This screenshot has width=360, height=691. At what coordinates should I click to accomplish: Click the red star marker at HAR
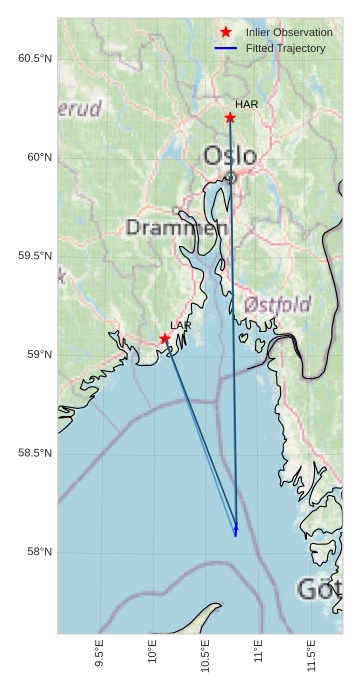coord(230,118)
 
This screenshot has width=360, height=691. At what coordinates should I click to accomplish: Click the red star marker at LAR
coord(165,339)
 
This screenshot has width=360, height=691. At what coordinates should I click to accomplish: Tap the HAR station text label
coord(247,104)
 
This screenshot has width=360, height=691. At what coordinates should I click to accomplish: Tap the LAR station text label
coord(181,326)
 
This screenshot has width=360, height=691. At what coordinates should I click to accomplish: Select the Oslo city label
coord(230,156)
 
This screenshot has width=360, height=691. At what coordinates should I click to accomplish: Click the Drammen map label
coord(177,228)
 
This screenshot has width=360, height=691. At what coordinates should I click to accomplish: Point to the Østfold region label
coord(277,303)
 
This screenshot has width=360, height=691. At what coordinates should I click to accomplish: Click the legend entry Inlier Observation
coord(289,33)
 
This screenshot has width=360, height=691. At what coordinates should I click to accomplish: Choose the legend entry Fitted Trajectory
coord(285,48)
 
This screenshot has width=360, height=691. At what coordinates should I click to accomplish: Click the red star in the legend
coord(226,33)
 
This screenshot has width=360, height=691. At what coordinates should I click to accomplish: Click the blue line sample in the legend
coord(226,48)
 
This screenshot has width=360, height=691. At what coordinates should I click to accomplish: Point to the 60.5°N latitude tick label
coord(35,59)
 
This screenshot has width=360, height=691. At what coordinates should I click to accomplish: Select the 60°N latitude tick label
coord(38,157)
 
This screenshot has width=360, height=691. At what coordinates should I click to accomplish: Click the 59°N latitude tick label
coord(38,355)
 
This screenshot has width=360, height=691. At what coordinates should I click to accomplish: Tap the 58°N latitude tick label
coord(38,552)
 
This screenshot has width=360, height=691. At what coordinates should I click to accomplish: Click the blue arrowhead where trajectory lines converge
coord(236,529)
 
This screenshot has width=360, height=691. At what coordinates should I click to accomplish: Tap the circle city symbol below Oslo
coord(230,178)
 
